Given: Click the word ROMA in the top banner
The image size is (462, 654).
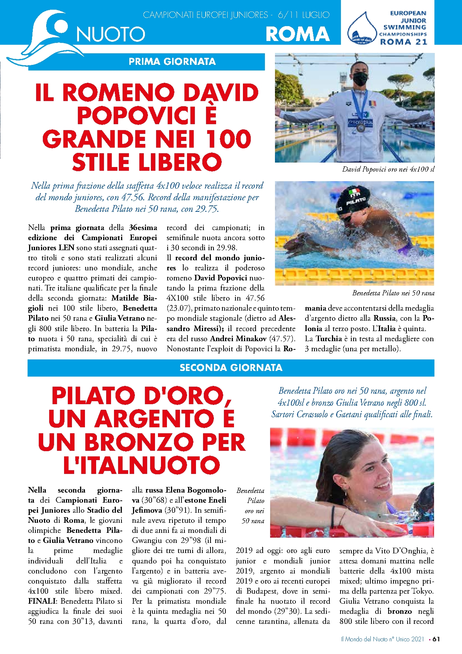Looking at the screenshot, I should pos(297,34).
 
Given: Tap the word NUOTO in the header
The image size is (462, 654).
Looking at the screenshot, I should pos(111,35).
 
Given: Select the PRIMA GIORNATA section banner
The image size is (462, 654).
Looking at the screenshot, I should pos(172,62).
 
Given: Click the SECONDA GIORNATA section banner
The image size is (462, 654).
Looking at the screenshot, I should pos(231,368).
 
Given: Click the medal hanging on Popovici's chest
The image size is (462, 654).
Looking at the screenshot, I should pos(360,128).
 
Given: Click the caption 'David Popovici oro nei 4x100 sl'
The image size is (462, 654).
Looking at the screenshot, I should pos(388,169).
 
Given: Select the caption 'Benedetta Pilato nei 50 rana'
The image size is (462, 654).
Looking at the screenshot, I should pos(393,293).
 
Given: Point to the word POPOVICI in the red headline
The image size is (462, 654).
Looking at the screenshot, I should pos(136,116).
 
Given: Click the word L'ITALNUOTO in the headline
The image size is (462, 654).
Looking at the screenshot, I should pos(142,465).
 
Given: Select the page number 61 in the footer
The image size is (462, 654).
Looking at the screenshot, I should pos(436,639).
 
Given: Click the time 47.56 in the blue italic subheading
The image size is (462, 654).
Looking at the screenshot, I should pos(132,197).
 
